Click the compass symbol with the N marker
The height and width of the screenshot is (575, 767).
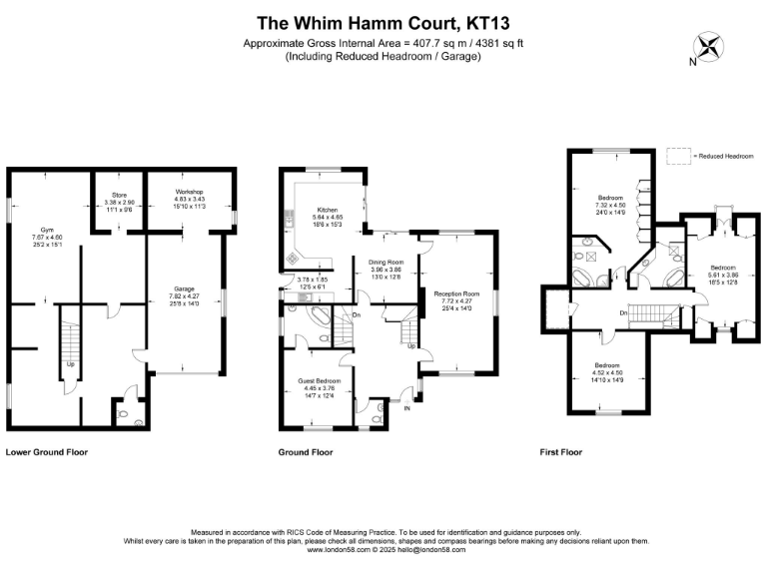(709, 47)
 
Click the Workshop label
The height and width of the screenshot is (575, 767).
(190, 191)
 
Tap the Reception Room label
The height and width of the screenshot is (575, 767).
(455, 293)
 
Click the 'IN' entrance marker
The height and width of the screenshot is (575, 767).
(405, 408)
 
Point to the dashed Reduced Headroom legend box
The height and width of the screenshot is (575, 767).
(678, 155)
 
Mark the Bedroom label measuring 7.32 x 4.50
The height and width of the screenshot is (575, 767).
(608, 198)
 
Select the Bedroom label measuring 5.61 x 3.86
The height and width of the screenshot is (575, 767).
(724, 268)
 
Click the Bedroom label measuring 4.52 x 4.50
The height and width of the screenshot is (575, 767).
(607, 365)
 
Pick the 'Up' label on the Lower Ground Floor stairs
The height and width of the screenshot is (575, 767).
(70, 364)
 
